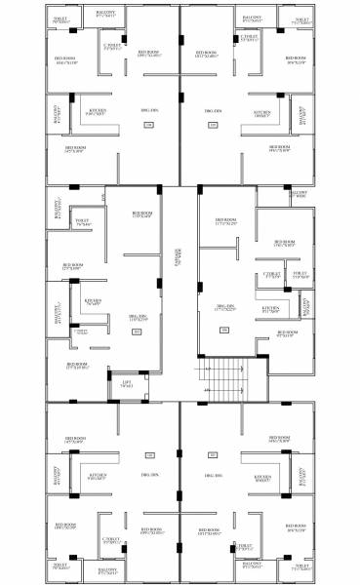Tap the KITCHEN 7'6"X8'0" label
94,302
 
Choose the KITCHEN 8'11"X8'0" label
271,309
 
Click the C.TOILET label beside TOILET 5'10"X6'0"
271,276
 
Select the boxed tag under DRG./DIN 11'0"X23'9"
137,332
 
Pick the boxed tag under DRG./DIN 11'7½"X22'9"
224,332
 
